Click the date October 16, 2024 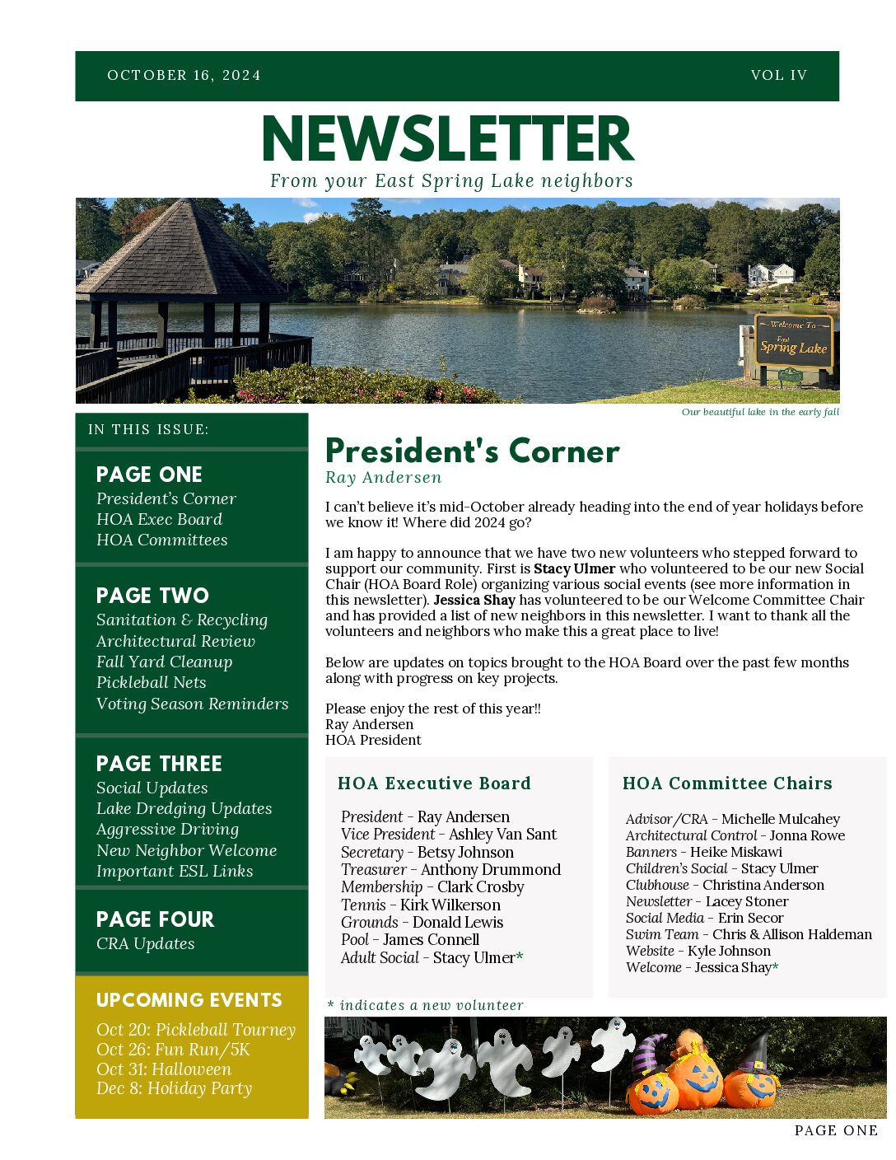(x=184, y=75)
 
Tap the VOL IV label (x=778, y=75)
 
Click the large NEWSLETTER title (x=448, y=138)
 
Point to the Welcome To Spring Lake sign (x=793, y=340)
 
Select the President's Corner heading (x=472, y=451)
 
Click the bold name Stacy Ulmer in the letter (x=574, y=568)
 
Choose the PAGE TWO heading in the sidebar (x=152, y=595)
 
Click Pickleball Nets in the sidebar (x=151, y=682)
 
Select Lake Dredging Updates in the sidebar (x=184, y=808)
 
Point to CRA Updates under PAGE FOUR (x=145, y=943)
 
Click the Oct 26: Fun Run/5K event (x=172, y=1050)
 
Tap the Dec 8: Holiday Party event (x=174, y=1088)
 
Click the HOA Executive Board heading (x=434, y=783)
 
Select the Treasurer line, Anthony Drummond (x=450, y=869)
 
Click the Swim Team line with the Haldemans (x=748, y=934)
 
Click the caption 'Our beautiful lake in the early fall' (x=760, y=412)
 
